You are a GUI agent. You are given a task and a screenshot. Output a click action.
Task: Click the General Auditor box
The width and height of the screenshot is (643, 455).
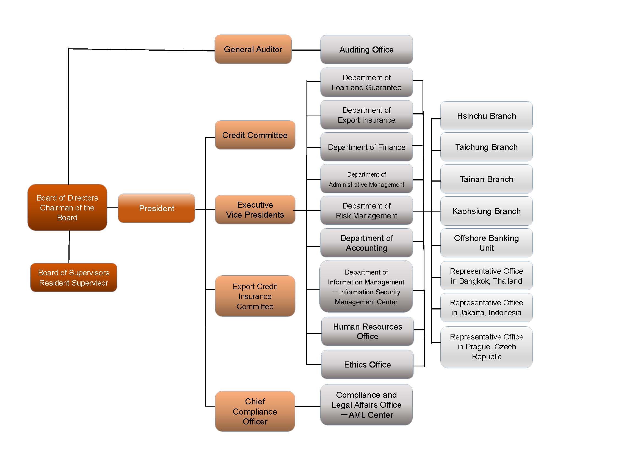[x=253, y=49]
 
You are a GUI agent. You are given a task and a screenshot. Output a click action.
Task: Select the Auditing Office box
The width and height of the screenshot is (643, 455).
[x=366, y=50]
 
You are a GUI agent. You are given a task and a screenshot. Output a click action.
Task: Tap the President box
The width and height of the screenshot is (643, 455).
[x=156, y=208]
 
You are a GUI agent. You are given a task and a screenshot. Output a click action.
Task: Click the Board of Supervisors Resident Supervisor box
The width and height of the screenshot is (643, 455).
[x=73, y=277]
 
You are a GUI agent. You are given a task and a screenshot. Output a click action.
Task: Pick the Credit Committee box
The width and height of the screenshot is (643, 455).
[x=255, y=135]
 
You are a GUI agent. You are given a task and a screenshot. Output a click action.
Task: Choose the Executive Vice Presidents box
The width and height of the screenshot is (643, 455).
[x=255, y=210]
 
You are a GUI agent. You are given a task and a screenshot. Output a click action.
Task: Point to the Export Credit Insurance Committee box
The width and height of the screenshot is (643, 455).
[x=255, y=296]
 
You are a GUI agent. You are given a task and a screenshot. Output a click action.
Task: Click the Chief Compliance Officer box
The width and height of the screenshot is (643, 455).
[x=255, y=411]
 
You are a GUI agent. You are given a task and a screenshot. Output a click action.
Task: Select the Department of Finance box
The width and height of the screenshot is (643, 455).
[x=366, y=147]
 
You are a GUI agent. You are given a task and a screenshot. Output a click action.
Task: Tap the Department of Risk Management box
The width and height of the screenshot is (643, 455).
[x=366, y=210]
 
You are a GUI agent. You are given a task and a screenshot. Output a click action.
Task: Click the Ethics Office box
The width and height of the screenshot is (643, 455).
[x=367, y=364]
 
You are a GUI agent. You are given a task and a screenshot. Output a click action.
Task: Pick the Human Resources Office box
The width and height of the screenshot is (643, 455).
[x=367, y=331]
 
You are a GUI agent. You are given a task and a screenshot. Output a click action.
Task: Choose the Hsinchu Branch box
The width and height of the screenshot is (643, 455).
[x=486, y=116]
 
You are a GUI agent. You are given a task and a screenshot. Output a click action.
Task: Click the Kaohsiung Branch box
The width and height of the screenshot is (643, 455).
[x=486, y=211]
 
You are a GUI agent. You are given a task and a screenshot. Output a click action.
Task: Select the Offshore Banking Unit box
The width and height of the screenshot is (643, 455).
[x=486, y=243]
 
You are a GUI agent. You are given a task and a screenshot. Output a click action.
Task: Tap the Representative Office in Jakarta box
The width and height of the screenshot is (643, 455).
[x=486, y=307]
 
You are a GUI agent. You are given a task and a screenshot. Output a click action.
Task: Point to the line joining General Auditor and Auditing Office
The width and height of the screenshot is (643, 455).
[x=306, y=50]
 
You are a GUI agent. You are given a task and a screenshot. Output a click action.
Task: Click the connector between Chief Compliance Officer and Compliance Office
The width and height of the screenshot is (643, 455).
[x=308, y=406]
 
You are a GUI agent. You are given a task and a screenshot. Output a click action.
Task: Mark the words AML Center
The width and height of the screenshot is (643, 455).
[x=371, y=415]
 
